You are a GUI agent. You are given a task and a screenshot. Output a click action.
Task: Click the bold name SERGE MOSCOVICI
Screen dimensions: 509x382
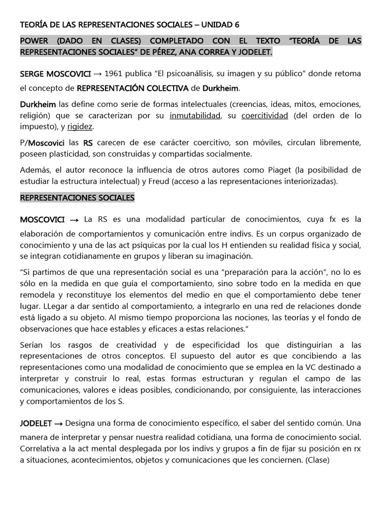55,74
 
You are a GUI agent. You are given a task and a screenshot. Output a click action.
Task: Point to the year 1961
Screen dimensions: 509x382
115,74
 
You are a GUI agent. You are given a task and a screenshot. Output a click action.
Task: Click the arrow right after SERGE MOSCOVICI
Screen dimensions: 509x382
98,74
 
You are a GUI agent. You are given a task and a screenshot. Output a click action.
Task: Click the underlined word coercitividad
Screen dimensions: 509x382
265,116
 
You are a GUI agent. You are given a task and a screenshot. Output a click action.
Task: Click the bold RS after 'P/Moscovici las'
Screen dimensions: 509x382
88,143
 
